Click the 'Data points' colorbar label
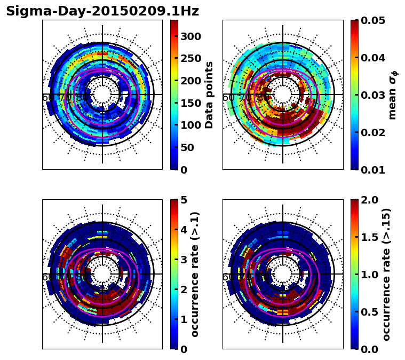(x=210, y=95)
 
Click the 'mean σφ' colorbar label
(x=393, y=95)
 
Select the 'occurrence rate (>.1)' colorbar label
(x=195, y=274)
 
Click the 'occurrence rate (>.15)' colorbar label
(x=387, y=274)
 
